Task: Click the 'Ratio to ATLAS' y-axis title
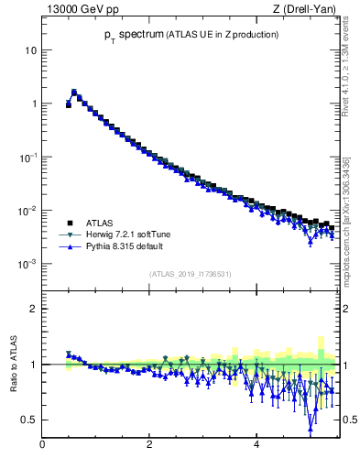coord(14,364)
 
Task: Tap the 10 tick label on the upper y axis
coord(30,49)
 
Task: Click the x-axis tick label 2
coord(149,445)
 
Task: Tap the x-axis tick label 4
coord(256,445)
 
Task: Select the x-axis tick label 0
coord(42,445)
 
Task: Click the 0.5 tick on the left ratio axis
coord(29,420)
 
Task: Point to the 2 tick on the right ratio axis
coord(347,309)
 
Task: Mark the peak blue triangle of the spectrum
coord(74,92)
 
